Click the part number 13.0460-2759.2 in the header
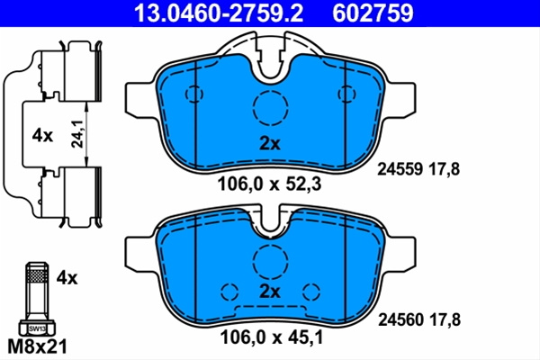pos(219,13)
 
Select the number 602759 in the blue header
pos(373,13)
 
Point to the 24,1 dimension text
pos(77,134)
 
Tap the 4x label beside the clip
pos(42,136)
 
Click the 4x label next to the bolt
pos(67,278)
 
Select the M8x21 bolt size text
pos(37,346)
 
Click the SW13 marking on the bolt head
pos(37,328)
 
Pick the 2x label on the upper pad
pos(270,144)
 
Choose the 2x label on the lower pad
pos(270,292)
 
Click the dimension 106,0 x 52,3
pos(269,184)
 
